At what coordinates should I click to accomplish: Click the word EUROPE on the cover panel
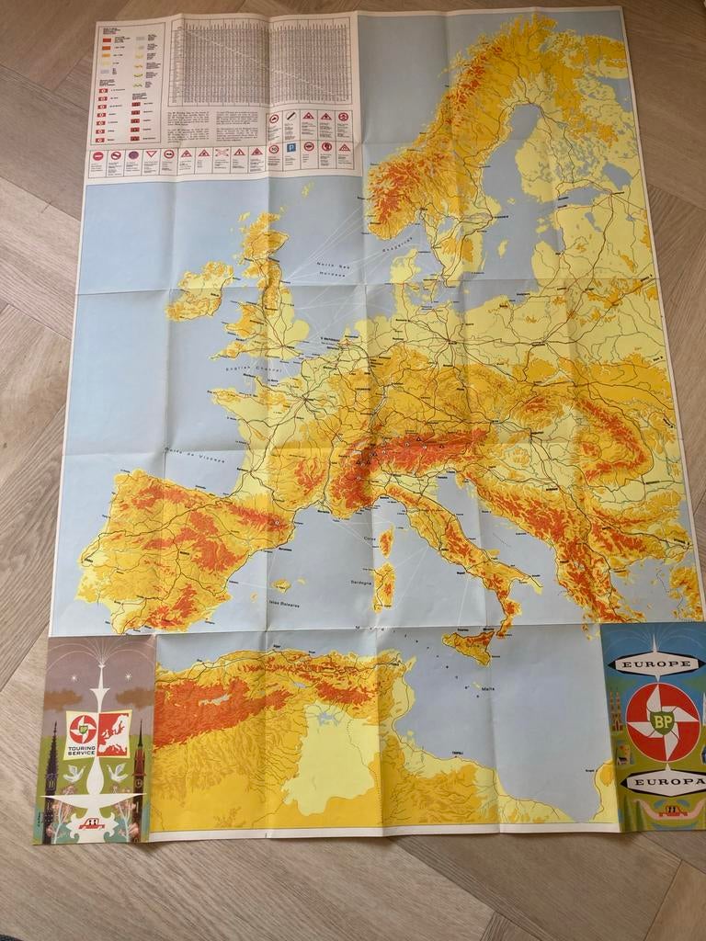(x=655, y=663)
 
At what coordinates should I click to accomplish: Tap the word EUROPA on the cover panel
(x=661, y=782)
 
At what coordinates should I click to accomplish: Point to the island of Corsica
(x=386, y=541)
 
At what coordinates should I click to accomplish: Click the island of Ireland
(x=199, y=289)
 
